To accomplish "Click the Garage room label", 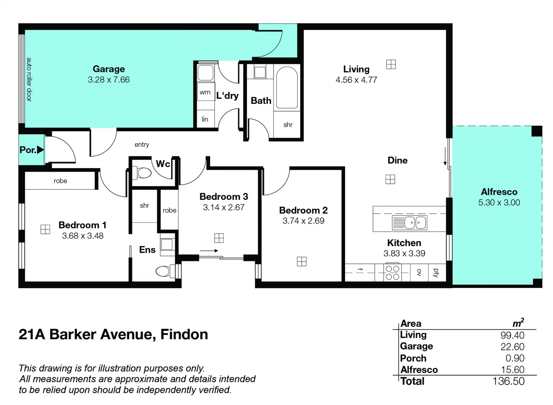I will tap(109, 69).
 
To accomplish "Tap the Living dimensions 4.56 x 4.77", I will tap(356, 80).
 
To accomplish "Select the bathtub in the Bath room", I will tap(287, 87).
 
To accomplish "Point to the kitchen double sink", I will tap(410, 222).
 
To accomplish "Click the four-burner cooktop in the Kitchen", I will tap(392, 273).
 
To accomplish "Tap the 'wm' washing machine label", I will tap(205, 92).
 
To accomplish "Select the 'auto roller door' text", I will tap(29, 79).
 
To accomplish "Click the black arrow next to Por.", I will tap(40, 150).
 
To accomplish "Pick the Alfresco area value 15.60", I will tap(513, 370).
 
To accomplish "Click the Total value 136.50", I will tap(508, 381).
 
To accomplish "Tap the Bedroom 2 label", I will tap(303, 210).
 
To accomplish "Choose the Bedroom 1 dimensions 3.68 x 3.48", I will tap(83, 236).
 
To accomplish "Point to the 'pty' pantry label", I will tap(436, 273).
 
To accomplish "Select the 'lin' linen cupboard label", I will tap(205, 119).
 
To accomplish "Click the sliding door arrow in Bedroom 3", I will tap(209, 250).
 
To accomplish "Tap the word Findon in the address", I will tap(184, 334).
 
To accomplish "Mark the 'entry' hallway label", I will tap(142, 145).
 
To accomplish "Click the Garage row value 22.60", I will tap(512, 347).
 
